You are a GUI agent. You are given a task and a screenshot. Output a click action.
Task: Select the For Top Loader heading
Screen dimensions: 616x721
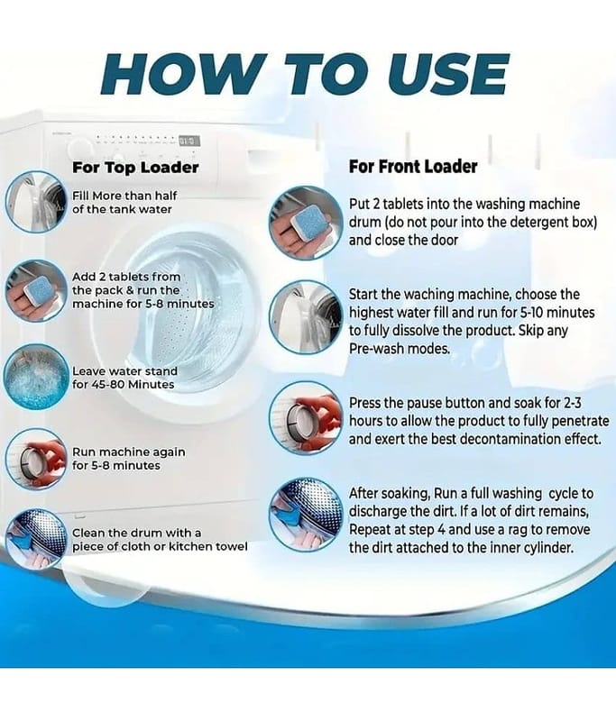(x=135, y=168)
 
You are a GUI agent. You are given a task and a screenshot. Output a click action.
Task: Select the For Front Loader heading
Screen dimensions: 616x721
(x=413, y=167)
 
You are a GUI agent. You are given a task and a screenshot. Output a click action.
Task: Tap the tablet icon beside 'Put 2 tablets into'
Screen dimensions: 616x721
(x=306, y=223)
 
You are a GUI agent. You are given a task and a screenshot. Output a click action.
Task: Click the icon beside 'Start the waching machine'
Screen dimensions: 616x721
(x=306, y=317)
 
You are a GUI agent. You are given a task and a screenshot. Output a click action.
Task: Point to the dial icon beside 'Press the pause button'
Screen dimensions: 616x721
(x=306, y=418)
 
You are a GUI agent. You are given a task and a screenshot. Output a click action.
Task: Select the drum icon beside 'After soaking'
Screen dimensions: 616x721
(x=306, y=515)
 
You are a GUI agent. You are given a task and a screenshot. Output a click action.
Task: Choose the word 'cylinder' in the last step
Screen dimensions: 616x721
(x=549, y=548)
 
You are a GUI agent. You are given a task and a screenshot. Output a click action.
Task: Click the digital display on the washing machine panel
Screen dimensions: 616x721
(x=189, y=140)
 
